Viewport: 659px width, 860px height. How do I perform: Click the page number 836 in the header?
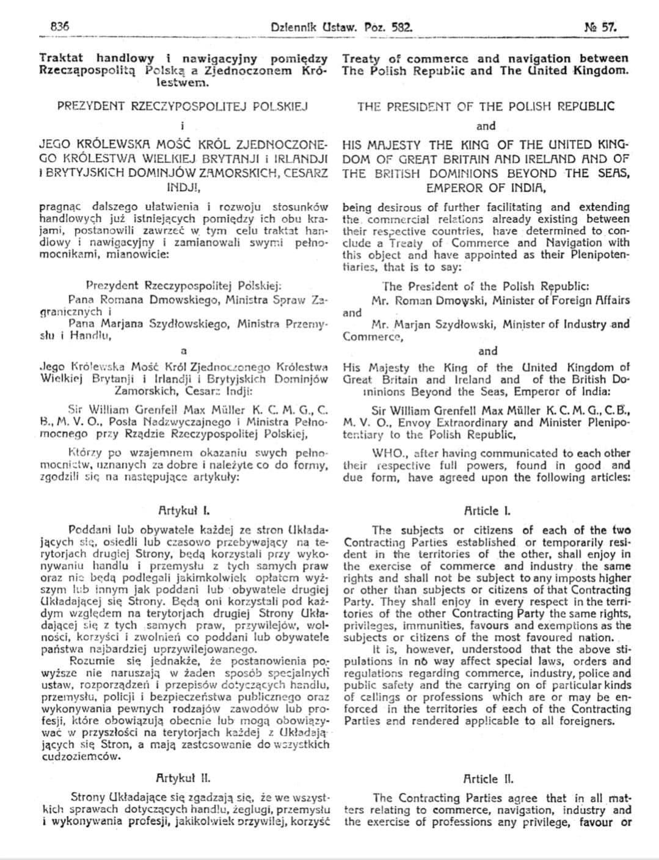(x=59, y=27)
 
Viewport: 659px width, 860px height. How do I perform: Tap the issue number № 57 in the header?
(x=601, y=27)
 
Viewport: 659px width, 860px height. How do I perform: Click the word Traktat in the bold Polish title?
(x=62, y=58)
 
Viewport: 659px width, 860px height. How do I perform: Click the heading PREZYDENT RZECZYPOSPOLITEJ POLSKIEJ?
(x=183, y=106)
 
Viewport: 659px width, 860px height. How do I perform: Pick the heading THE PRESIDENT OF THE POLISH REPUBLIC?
(x=486, y=106)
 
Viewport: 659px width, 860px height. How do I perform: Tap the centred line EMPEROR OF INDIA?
(x=486, y=188)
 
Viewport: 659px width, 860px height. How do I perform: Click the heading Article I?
(x=486, y=510)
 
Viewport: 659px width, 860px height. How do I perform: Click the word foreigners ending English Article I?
(x=584, y=721)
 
